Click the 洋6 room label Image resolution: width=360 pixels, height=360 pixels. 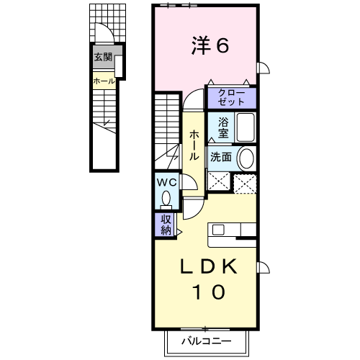coord(210,46)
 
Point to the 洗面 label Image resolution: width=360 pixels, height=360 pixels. coord(220,157)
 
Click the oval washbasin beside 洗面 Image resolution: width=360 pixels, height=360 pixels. coord(246,158)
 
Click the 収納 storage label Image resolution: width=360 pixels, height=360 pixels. coord(166,225)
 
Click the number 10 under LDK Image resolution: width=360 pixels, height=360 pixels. coord(210,292)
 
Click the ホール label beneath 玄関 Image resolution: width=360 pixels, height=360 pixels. coord(102,81)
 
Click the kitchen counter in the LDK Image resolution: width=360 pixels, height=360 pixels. coord(232,230)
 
